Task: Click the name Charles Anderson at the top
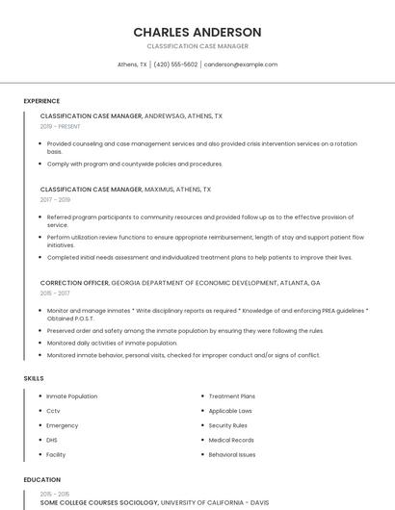197,32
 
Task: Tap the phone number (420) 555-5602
175,64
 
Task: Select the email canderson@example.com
241,64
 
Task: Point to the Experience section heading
41,101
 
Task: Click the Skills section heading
34,378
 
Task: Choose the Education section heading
41,479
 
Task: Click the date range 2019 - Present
61,126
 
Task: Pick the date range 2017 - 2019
56,200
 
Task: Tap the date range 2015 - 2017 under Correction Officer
55,293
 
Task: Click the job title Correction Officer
74,283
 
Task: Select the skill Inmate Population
72,396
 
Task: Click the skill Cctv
53,411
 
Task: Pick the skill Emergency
63,425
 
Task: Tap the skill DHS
52,440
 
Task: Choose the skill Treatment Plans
232,396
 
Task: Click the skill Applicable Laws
231,411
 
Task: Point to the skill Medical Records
231,440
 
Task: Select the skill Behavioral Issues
232,454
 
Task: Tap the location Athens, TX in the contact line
132,64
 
